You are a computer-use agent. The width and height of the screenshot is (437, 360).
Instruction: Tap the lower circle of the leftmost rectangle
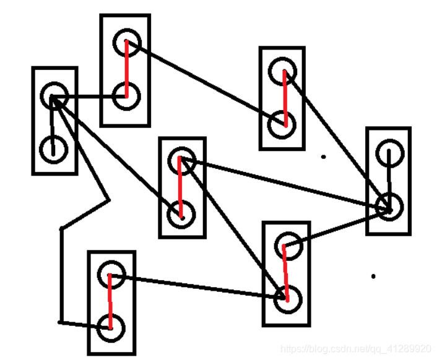coord(53,148)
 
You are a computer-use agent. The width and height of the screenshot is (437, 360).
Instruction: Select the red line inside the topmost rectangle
coord(126,68)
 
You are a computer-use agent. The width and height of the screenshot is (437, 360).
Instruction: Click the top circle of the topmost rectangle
coord(127,42)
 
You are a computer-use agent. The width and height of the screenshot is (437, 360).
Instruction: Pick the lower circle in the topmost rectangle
coord(126,96)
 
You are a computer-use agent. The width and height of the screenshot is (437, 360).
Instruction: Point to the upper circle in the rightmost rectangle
coord(389,153)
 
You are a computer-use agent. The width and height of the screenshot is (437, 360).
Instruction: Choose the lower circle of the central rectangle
coord(181,214)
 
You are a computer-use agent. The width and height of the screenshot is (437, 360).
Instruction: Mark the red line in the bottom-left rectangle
coord(110,302)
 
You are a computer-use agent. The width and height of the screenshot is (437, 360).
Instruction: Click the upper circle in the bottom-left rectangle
coord(111,275)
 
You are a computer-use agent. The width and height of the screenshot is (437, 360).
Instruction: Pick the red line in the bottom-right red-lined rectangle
coord(285,272)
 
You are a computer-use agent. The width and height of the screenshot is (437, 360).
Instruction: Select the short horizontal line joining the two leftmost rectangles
coord(90,97)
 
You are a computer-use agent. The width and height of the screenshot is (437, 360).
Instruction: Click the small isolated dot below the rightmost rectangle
coord(373,276)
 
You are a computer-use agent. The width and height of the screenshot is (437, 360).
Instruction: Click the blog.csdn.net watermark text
coord(355,349)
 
